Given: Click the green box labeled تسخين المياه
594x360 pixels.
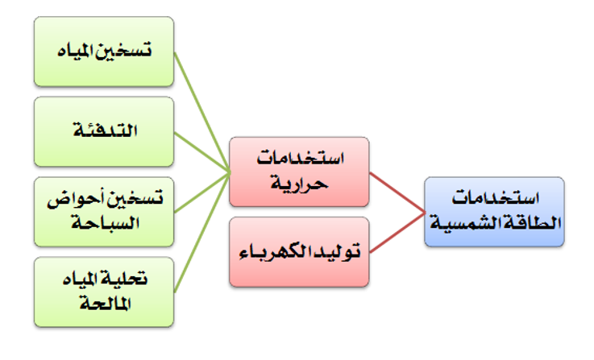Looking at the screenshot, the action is [104, 52].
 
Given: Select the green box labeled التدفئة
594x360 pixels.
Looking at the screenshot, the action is [104, 131].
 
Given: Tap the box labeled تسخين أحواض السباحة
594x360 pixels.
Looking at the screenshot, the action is [104, 212].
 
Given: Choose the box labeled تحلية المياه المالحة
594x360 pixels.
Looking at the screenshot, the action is [104, 292].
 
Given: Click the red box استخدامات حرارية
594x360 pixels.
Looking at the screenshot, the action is [299, 172].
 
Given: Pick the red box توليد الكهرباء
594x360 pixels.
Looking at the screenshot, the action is [299, 252].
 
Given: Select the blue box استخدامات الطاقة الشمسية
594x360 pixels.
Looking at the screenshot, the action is [494, 212].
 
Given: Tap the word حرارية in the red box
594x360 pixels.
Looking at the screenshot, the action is [299, 184].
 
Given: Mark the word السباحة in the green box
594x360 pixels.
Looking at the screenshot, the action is [106, 223].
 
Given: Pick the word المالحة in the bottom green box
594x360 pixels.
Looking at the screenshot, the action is [106, 304].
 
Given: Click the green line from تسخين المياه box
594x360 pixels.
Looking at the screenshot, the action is [202, 112].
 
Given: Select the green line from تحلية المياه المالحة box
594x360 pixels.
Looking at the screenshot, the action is [202, 233].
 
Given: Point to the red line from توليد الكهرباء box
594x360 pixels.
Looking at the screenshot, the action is [397, 233].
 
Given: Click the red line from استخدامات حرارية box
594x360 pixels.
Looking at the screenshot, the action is [397, 192].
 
